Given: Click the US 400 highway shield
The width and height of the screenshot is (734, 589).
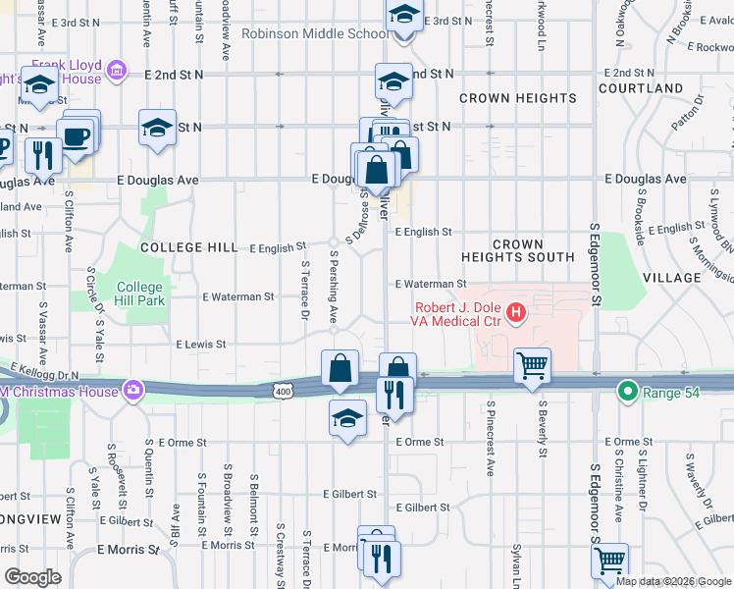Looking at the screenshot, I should [283, 392].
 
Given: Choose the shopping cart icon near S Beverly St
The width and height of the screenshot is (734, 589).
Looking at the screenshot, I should [532, 365].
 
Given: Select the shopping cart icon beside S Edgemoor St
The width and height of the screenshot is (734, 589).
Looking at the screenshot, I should [609, 561].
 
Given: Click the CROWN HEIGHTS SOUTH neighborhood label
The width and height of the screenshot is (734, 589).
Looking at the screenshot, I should [518, 250].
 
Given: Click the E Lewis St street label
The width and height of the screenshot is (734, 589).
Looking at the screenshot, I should [200, 345].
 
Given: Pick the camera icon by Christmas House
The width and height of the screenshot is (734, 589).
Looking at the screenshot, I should [131, 391].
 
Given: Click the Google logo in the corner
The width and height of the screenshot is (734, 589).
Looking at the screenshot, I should [33, 577].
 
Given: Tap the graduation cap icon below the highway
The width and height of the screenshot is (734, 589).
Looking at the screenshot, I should [346, 418].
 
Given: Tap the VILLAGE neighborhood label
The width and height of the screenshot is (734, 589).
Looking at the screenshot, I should [672, 278].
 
